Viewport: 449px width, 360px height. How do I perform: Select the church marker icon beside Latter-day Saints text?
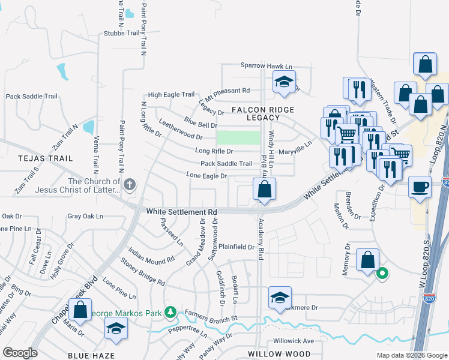pos(129,185)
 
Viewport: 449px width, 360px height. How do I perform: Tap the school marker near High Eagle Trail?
pos(284,82)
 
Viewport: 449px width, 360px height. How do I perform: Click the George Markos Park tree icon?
pos(171,311)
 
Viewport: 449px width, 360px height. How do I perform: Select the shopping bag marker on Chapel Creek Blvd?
pos(80,310)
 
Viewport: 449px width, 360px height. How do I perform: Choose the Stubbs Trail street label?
pos(121,34)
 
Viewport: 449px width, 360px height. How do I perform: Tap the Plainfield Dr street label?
pos(237,247)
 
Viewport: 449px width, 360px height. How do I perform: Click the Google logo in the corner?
pos(20,353)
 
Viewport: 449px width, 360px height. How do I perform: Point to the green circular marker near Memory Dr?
pos(382,275)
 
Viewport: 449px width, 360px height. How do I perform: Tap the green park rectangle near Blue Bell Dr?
pos(238,137)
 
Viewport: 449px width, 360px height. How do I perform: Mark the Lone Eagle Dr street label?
pos(206,176)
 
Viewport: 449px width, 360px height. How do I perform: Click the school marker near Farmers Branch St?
pos(280,298)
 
